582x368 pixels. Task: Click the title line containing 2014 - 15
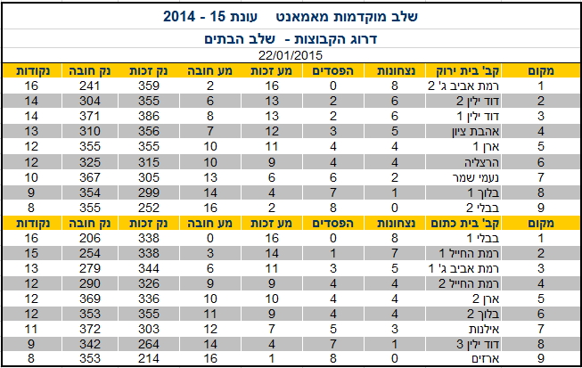291,17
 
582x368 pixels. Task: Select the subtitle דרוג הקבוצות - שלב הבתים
291,40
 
